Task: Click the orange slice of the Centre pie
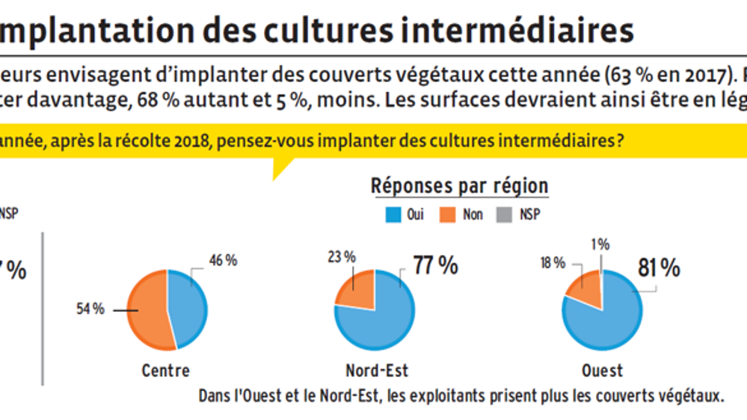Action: coord(147,309)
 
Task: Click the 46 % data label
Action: coord(222,260)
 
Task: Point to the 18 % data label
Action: coord(553,262)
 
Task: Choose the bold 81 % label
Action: coord(659,268)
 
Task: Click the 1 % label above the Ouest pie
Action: coord(600,244)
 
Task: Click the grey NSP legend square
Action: coord(505,215)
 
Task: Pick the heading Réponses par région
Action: coord(459,186)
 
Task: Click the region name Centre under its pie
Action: coord(165,371)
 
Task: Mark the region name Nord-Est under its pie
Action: coord(377,371)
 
